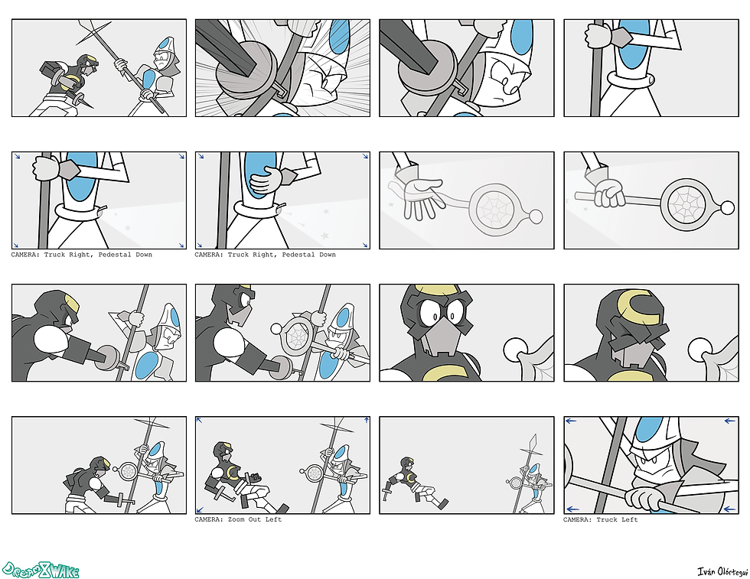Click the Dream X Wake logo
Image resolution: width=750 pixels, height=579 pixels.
coord(40,570)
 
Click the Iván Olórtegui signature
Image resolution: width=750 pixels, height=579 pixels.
coord(722,571)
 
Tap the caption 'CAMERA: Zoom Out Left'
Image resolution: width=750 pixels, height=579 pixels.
coord(238,519)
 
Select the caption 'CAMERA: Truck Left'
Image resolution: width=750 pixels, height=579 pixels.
coord(600,519)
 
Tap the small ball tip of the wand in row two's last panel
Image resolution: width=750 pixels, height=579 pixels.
coord(728,208)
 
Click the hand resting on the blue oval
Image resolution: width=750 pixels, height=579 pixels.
coord(266,181)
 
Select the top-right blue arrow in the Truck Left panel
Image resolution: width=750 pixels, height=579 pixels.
coord(730,421)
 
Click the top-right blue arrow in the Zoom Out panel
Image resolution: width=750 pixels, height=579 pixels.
coord(367,420)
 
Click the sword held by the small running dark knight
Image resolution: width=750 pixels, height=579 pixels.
coord(387,490)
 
